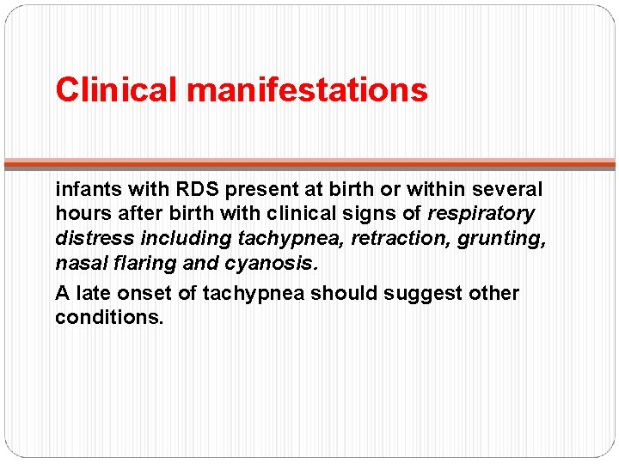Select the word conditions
pos(109,317)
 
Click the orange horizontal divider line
pos(309,162)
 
